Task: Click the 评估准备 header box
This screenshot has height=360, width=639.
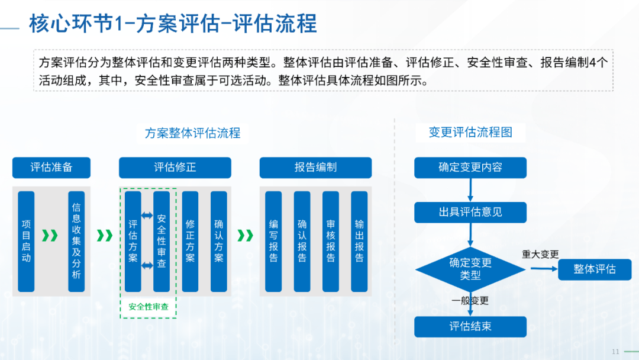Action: (51, 168)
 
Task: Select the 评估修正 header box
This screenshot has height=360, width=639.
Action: (175, 168)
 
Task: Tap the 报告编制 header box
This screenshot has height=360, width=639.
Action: (315, 168)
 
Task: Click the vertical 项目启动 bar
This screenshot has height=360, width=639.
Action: (26, 242)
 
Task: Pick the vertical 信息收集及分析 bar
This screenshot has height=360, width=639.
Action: (76, 242)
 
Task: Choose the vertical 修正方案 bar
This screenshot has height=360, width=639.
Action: (190, 242)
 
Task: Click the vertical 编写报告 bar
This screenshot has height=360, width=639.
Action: (273, 242)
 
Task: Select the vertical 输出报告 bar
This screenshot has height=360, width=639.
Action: (359, 242)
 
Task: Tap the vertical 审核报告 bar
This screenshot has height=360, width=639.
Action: (331, 242)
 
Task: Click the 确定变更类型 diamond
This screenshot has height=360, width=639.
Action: (470, 269)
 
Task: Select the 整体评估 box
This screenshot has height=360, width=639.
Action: (595, 269)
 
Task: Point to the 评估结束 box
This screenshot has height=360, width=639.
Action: (470, 327)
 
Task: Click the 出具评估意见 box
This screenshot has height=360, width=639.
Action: (470, 213)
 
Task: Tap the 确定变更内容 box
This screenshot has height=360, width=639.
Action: (470, 168)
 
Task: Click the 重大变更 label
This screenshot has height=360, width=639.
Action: (540, 255)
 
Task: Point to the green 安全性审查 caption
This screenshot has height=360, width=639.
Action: (149, 307)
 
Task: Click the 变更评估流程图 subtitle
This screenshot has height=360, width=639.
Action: (470, 133)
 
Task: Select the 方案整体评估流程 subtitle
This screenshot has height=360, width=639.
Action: (192, 133)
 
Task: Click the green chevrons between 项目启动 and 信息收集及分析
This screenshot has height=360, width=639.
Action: (50, 235)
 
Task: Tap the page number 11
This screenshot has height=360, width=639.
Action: (615, 352)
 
